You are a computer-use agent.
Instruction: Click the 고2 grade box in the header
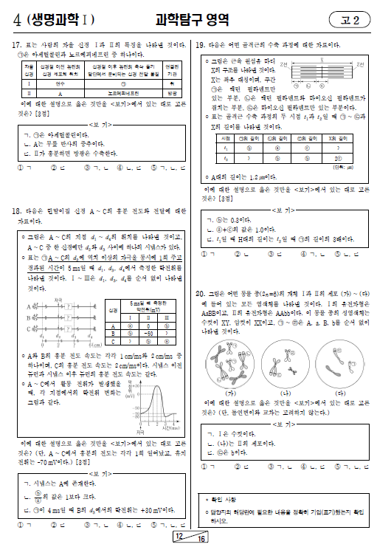tap(351, 19)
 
